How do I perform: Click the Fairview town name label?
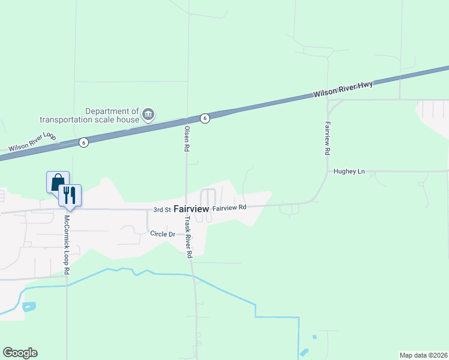(x=191, y=209)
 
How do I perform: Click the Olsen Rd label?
(x=187, y=138)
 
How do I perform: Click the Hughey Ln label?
(x=349, y=172)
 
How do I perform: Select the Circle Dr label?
(x=162, y=233)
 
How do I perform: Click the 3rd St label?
(x=162, y=210)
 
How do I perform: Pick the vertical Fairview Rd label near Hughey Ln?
(x=328, y=136)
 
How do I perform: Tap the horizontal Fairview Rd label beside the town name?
(x=229, y=208)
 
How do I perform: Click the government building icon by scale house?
(x=148, y=113)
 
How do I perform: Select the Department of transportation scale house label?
(x=90, y=115)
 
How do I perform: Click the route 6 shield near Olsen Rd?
(x=205, y=118)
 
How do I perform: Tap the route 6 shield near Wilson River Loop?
(x=83, y=142)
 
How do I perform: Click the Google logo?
(x=20, y=353)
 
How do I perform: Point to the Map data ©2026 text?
(x=423, y=355)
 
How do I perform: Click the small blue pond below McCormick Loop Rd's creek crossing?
(x=28, y=307)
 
